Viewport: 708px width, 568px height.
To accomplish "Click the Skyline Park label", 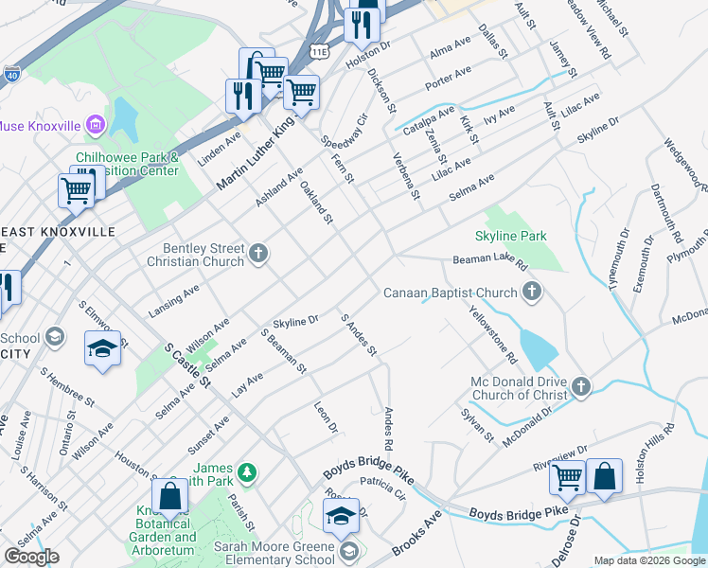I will click(x=511, y=235).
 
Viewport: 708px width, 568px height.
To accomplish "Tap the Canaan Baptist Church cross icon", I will click(x=532, y=293).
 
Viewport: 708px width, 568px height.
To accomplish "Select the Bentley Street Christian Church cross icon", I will click(x=258, y=253).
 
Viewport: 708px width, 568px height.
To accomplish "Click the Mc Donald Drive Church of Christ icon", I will click(x=580, y=386).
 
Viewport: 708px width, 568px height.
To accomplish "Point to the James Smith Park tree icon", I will click(x=247, y=470).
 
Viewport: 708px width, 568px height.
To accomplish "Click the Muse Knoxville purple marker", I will click(x=95, y=124).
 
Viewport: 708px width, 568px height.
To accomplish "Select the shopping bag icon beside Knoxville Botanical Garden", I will click(x=170, y=495).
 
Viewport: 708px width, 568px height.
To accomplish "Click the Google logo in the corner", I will click(x=30, y=557).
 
